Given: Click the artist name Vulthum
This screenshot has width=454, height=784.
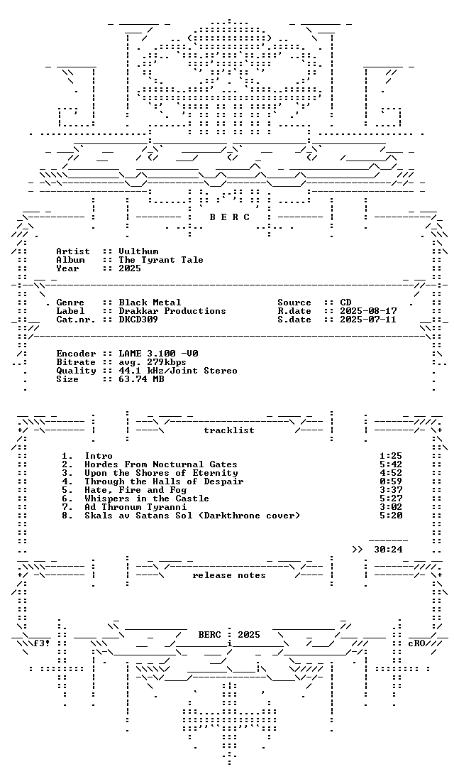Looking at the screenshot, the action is pos(138,251).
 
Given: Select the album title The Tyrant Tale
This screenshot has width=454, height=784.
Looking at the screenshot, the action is pos(161,260).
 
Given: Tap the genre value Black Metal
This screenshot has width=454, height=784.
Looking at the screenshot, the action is pos(150,303).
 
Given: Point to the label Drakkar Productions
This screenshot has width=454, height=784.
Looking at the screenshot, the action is pos(172,311).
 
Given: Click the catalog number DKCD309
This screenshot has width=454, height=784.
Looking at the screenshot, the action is pos(138,320).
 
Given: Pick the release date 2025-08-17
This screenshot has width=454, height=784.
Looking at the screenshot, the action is pos(368,311).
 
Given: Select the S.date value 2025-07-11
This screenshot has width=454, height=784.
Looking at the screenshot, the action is pos(368,320).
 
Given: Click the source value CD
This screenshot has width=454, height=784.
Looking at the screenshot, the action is pos(345,303).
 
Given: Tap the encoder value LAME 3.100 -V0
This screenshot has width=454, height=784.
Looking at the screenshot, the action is pos(158,354).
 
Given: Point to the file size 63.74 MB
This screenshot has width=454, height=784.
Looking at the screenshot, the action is pos(141,379).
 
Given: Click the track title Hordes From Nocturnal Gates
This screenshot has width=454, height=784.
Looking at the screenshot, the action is pos(161,465).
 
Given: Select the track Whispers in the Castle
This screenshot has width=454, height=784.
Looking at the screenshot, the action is pos(147,499).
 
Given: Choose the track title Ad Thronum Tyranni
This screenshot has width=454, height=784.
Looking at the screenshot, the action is pos(135,508).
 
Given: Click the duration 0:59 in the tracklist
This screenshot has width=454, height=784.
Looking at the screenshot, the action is pos(391,482).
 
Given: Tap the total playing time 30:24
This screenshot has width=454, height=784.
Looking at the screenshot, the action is pos(388,550).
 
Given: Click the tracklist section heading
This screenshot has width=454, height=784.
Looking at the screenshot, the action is pos(228,430).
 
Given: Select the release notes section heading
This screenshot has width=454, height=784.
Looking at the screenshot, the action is pos(228,575).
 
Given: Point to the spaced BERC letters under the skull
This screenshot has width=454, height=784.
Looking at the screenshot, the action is pos(229,217).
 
